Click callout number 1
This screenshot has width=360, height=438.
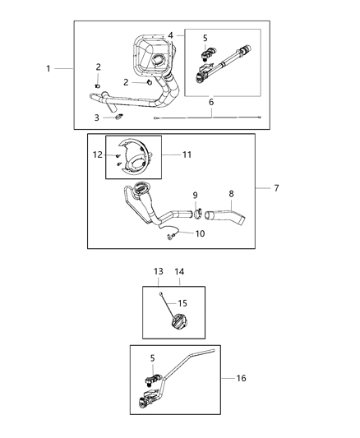[48, 69]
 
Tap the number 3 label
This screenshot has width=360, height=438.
[97, 118]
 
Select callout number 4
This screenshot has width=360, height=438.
[170, 35]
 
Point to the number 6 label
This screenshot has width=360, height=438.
[211, 102]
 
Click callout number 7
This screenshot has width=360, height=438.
[276, 188]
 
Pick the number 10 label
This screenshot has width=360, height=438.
[200, 233]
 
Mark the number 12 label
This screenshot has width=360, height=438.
[98, 154]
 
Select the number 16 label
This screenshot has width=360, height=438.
[241, 378]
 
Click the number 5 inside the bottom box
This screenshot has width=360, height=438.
[153, 357]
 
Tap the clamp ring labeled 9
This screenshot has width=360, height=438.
[198, 217]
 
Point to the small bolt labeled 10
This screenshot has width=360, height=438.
[171, 237]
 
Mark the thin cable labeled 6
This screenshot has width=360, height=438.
[205, 118]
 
